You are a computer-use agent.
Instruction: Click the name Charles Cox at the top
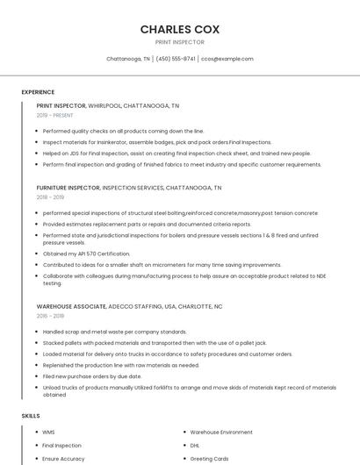tap(179, 29)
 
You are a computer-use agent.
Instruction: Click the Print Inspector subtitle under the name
tap(179, 42)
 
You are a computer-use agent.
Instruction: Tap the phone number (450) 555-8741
tap(176, 59)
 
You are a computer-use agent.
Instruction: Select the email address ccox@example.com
tap(227, 59)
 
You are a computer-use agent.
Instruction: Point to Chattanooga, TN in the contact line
tap(127, 59)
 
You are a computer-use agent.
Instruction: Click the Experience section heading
tap(38, 92)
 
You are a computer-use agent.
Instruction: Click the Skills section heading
tap(30, 415)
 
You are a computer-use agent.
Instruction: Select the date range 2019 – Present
tap(54, 115)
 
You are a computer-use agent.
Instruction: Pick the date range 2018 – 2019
tap(50, 197)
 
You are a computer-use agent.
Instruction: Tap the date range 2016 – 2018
tap(50, 316)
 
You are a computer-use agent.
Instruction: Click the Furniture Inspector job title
tap(68, 188)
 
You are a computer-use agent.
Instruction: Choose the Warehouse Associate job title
tap(70, 306)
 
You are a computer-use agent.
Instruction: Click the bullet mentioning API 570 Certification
tap(86, 254)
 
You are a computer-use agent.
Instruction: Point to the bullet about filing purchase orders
tap(91, 376)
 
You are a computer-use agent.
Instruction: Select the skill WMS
tap(48, 433)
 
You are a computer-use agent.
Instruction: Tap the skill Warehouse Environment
tap(221, 433)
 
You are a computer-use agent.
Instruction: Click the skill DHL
tap(196, 445)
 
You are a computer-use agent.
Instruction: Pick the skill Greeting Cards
tap(209, 458)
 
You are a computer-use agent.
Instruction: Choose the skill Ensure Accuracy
tap(63, 458)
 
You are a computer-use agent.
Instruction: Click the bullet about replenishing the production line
tap(120, 365)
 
